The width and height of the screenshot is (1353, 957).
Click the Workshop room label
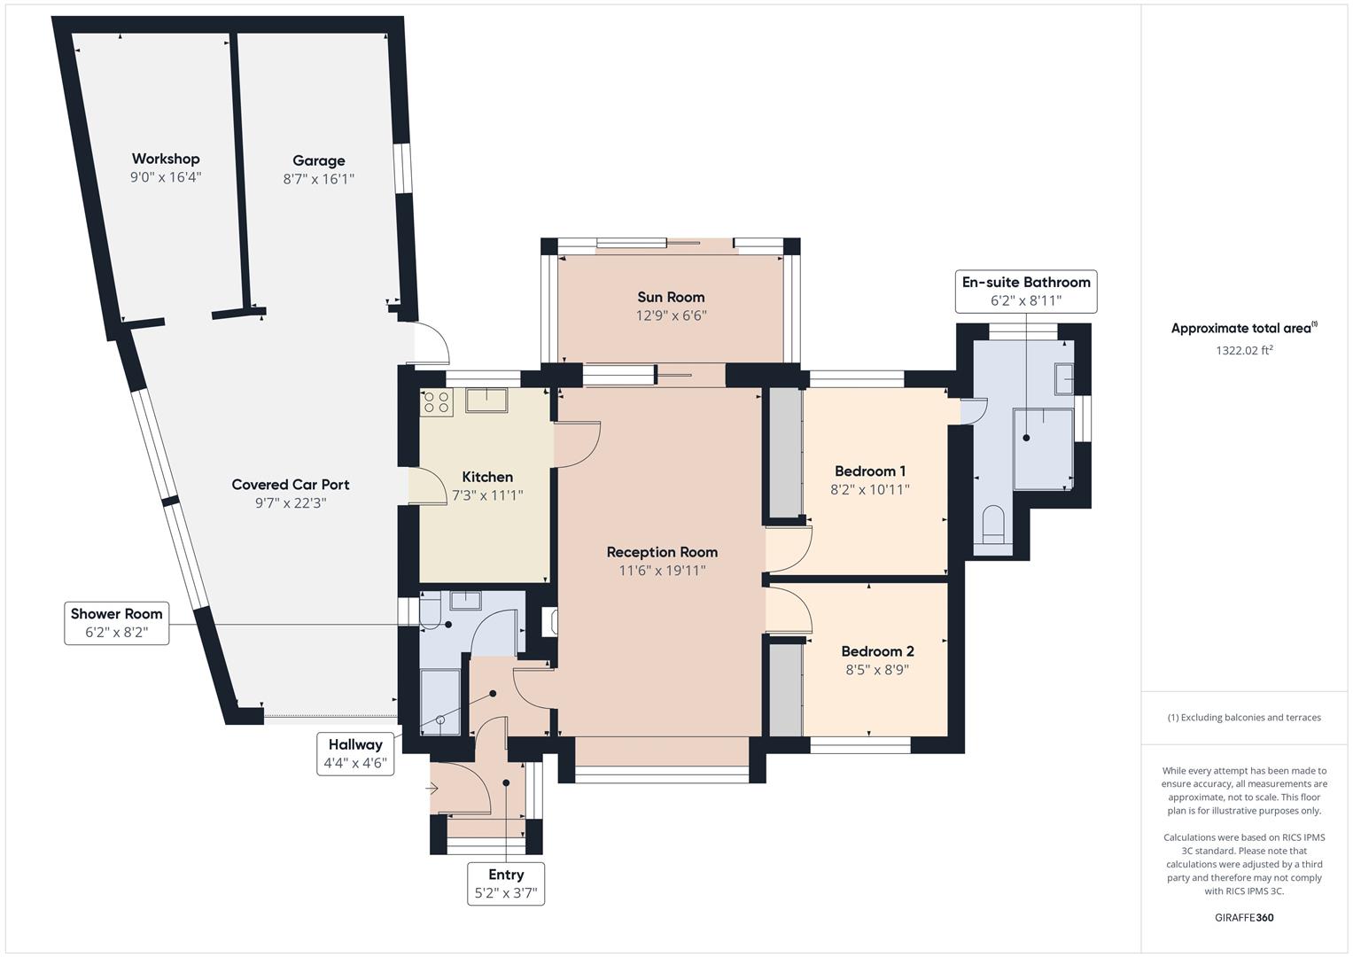pos(166,159)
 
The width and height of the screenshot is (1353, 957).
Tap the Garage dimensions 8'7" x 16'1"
pos(318,179)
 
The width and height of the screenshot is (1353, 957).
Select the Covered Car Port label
pos(291,485)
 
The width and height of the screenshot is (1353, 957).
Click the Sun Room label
pos(671,297)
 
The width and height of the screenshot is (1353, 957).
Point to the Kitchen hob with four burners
pos(435,402)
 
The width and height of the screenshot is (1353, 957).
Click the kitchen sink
pos(486,401)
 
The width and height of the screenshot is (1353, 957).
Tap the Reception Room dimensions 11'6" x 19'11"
pos(662,571)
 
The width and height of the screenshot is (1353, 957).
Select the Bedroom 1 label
pos(869,471)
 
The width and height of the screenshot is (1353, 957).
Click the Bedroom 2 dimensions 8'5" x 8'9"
pos(876,671)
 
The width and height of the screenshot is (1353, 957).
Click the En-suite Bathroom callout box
pos(1026,292)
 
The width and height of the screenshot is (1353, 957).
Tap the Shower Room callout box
pos(117,622)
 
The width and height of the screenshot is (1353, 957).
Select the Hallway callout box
pos(355,753)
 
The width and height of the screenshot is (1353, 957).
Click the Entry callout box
pos(506,883)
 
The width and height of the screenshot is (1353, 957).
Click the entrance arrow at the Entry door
pos(433,788)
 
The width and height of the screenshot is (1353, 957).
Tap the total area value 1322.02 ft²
pos(1244,350)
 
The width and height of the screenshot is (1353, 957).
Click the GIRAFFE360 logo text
pos(1244,917)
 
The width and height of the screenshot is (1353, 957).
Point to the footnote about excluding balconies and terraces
pos(1244,718)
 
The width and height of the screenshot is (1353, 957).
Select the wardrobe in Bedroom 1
pos(784,452)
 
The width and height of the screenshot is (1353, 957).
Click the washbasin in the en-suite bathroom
pos(1062,379)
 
